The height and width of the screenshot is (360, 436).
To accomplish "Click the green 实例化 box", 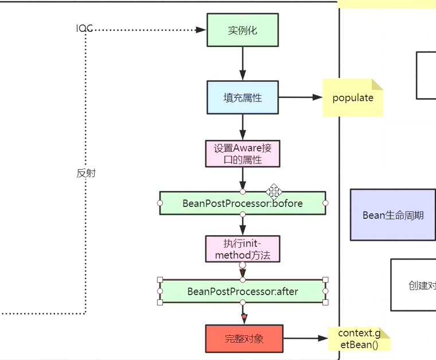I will click(242, 30).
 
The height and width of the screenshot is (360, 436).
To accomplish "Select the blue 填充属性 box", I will click(242, 97).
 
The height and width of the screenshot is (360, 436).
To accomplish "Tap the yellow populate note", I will click(352, 97).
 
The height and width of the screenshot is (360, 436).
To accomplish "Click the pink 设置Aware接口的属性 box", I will click(242, 154).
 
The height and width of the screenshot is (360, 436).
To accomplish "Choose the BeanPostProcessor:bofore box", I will click(242, 204).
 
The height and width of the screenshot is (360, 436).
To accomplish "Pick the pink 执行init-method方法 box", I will click(242, 249).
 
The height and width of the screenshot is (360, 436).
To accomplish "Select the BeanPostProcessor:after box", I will click(242, 291).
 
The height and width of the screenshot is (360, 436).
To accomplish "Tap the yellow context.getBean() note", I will click(359, 339).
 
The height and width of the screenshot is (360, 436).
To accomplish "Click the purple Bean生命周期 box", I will click(393, 215).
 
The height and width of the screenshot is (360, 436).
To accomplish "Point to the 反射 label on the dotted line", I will click(86, 173).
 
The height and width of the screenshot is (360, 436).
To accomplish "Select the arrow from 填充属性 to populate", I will click(300, 97).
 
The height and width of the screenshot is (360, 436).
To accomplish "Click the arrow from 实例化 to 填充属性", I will click(242, 63).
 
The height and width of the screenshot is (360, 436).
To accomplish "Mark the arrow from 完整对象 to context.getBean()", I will click(305, 338).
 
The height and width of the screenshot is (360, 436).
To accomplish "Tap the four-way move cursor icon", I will click(274, 191).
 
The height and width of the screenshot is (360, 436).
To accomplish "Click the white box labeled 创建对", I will click(413, 285).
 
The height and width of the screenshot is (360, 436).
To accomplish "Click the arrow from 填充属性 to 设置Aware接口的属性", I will click(242, 127).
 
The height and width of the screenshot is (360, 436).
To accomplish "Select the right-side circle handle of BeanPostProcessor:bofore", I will click(325, 203).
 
